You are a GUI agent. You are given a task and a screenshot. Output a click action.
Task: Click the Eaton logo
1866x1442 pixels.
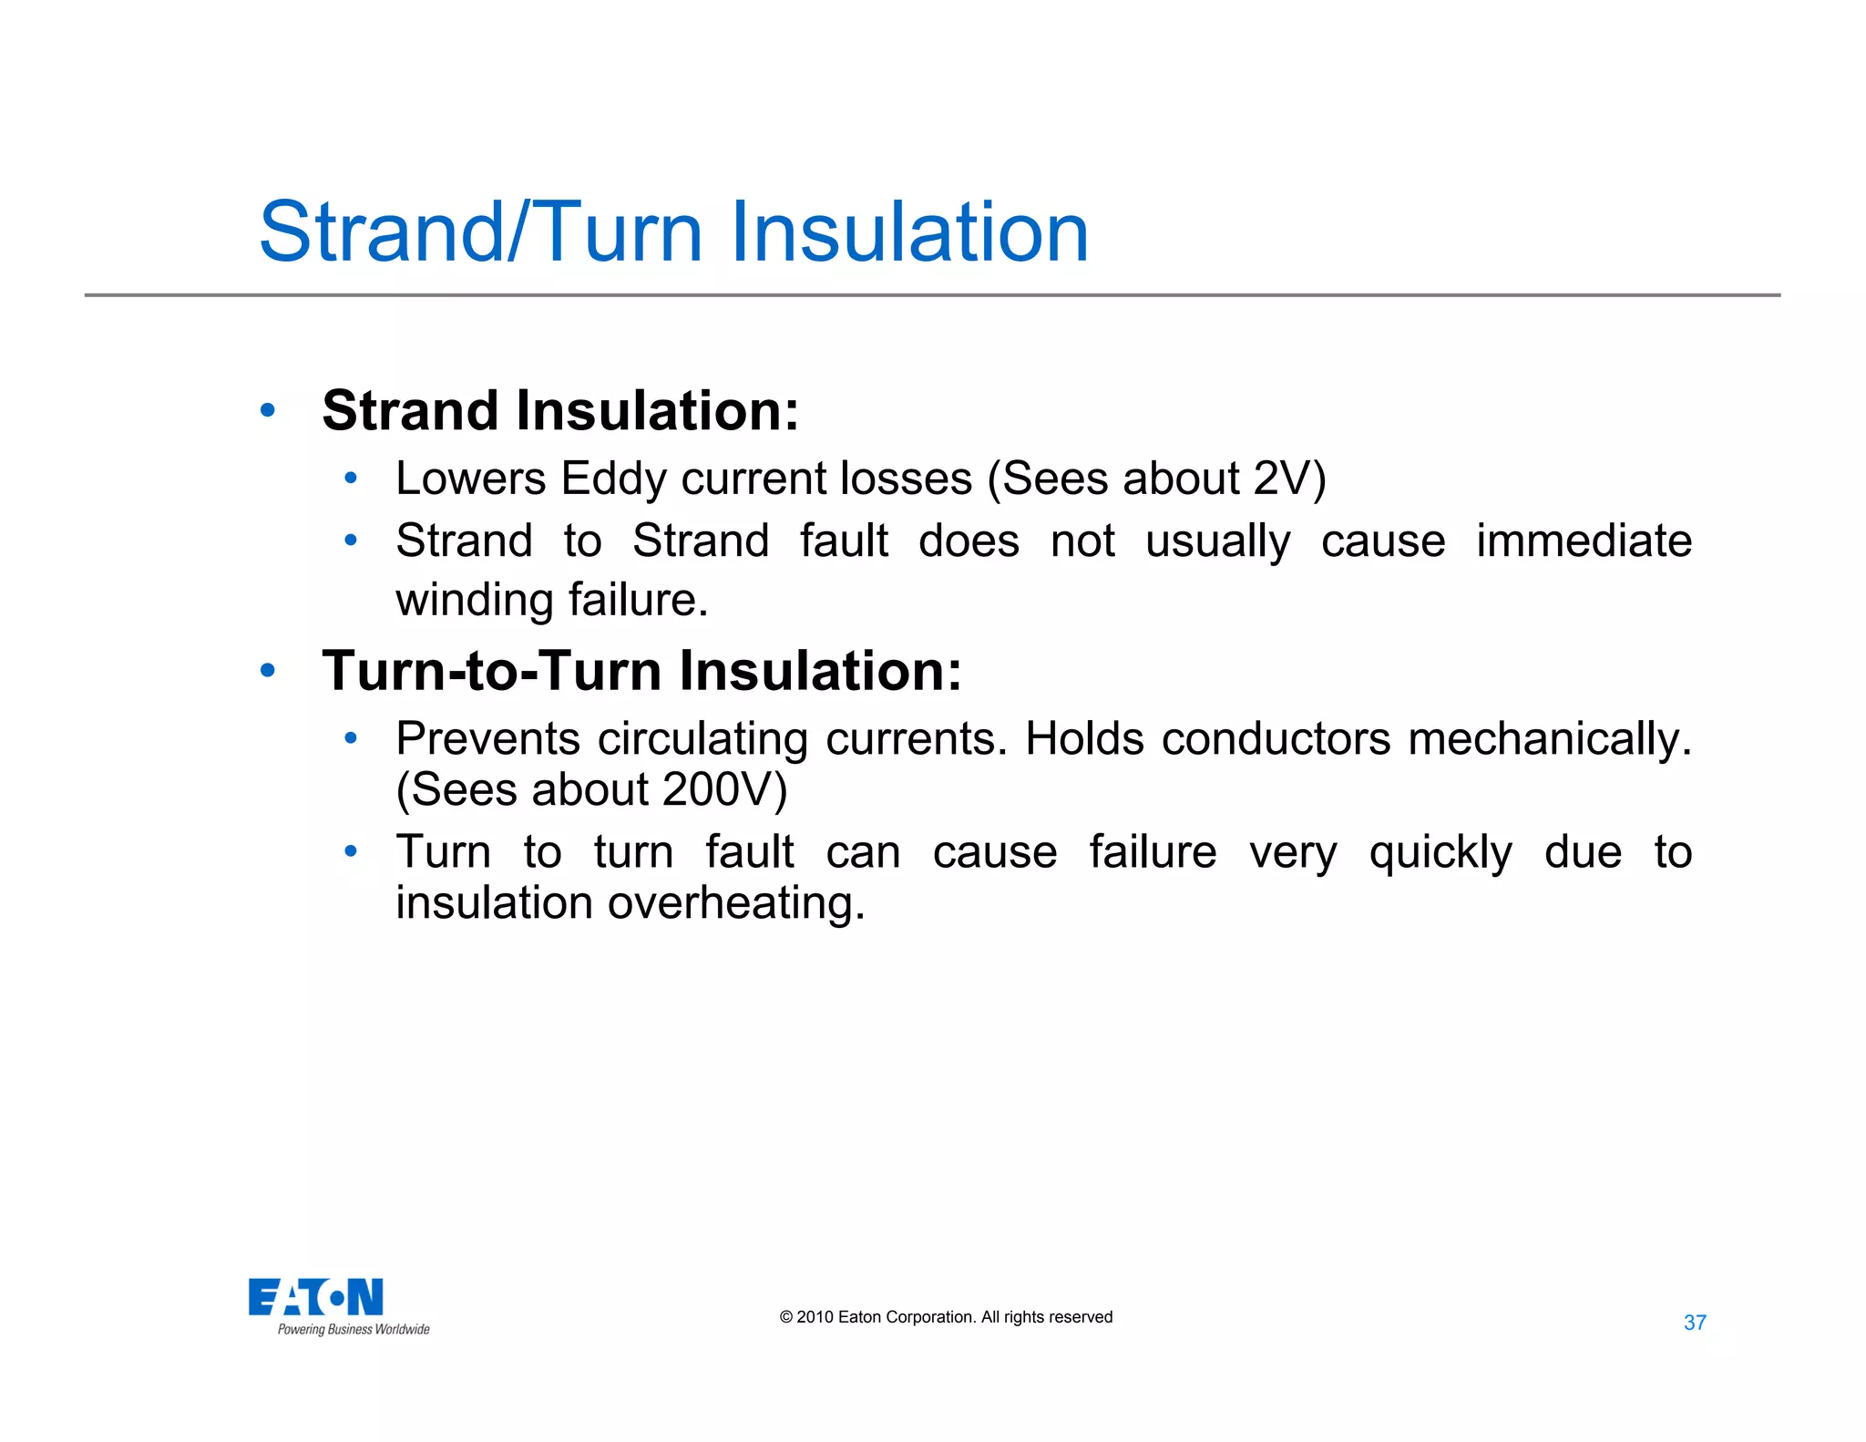point(315,1296)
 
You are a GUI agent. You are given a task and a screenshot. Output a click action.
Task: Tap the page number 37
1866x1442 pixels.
point(1694,1323)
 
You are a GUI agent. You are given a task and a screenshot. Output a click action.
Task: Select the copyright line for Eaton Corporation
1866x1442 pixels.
point(946,1317)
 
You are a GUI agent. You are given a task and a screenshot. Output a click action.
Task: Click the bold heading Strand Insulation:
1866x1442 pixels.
point(560,410)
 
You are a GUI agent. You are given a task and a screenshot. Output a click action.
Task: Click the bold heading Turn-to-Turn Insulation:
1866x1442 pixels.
point(641,671)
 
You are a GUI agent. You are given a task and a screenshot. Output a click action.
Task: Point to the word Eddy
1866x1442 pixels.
point(613,479)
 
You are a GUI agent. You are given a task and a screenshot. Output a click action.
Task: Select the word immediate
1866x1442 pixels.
point(1584,541)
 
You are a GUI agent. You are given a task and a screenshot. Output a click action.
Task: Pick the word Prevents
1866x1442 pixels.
point(487,738)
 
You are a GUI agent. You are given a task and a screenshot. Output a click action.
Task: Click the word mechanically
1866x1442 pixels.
point(1549,740)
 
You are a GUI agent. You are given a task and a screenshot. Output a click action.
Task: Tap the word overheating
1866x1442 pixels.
point(736,904)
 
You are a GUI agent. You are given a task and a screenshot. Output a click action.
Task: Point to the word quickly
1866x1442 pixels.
point(1440,854)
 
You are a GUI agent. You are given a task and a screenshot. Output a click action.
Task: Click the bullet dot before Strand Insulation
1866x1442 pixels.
point(267,410)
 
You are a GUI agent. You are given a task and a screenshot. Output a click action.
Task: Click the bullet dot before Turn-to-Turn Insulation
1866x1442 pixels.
point(267,671)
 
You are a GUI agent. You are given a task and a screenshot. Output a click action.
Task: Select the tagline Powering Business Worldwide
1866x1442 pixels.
point(354,1330)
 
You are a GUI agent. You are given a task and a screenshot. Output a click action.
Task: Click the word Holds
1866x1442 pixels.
point(1083,738)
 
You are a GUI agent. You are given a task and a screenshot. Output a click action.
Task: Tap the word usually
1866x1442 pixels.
point(1217,542)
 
